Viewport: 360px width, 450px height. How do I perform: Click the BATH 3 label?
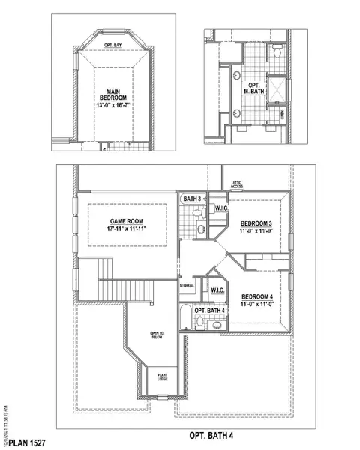pos(193,199)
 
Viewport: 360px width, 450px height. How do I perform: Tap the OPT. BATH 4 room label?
pos(210,311)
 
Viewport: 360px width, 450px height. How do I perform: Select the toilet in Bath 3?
pos(199,214)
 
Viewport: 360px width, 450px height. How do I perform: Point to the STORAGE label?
pos(187,286)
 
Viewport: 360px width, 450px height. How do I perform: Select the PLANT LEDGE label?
pos(162,378)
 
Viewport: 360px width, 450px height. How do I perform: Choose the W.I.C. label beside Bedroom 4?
pos(217,290)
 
